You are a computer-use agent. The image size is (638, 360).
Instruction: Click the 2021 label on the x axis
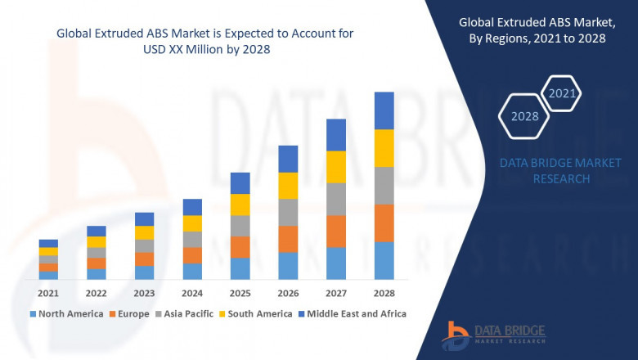point(48,293)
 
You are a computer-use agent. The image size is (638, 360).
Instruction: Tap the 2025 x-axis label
point(240,293)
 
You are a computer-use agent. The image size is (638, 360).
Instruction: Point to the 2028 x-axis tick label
point(384,293)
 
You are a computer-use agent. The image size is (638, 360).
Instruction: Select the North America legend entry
point(66,313)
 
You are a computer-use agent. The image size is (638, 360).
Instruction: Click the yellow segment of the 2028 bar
point(384,148)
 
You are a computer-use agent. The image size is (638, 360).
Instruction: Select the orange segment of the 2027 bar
point(336,231)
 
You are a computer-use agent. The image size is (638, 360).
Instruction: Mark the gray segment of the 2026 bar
point(288,212)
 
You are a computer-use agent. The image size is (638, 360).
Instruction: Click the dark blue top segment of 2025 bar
point(240,182)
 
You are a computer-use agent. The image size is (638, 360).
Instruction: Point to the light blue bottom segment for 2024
point(192,271)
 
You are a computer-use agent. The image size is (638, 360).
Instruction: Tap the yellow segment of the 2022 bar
point(97,242)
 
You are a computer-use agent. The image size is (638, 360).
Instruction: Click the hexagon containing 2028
point(524,116)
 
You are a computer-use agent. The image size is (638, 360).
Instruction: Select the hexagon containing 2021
point(562,93)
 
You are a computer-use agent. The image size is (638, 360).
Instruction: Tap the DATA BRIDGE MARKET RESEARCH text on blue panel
point(560,171)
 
